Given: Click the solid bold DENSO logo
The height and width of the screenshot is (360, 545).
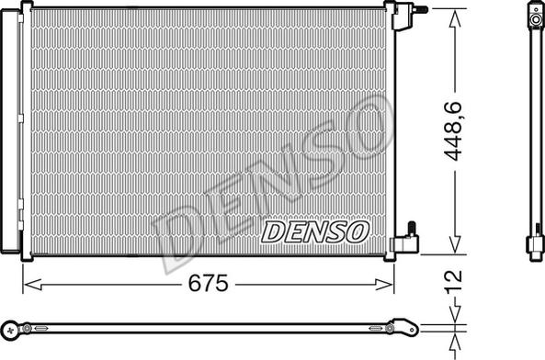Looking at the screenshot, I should click(316, 231).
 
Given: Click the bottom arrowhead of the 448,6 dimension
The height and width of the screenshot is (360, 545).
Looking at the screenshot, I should click(453, 245).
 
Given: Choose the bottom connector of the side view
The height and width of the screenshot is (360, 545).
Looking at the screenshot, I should click(535, 245).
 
